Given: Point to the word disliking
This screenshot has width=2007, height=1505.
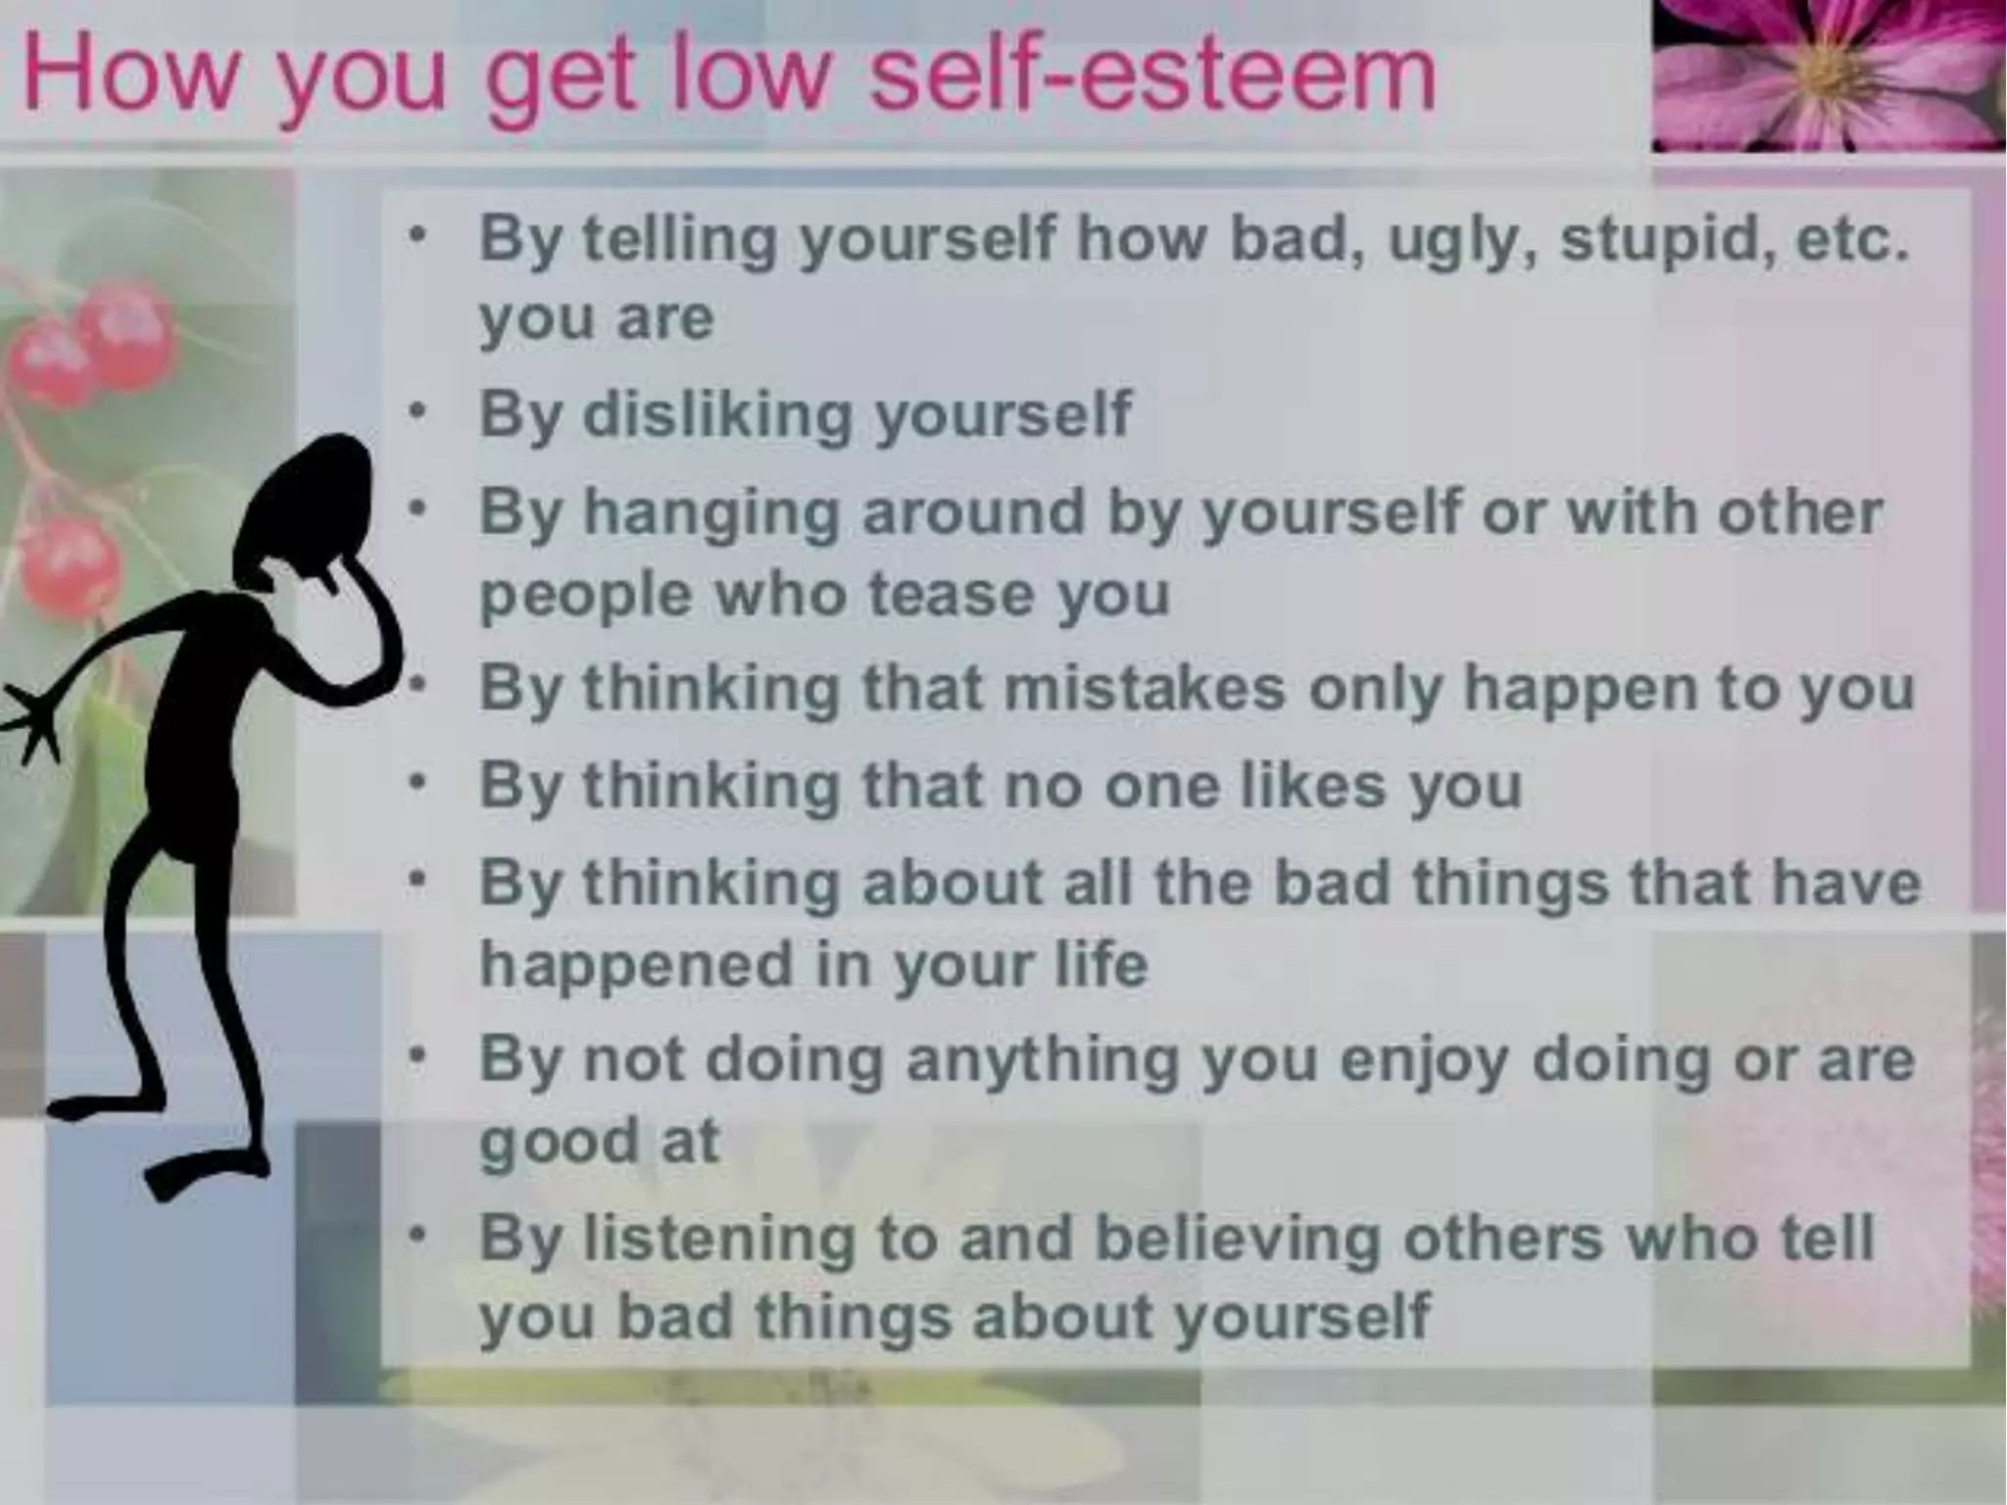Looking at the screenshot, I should [x=717, y=414].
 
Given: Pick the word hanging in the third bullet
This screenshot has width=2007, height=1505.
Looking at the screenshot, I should [x=710, y=514].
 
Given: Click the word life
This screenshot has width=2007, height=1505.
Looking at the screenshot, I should [x=1100, y=964].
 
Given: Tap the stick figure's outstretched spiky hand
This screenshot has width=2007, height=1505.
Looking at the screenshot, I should [x=29, y=720].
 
